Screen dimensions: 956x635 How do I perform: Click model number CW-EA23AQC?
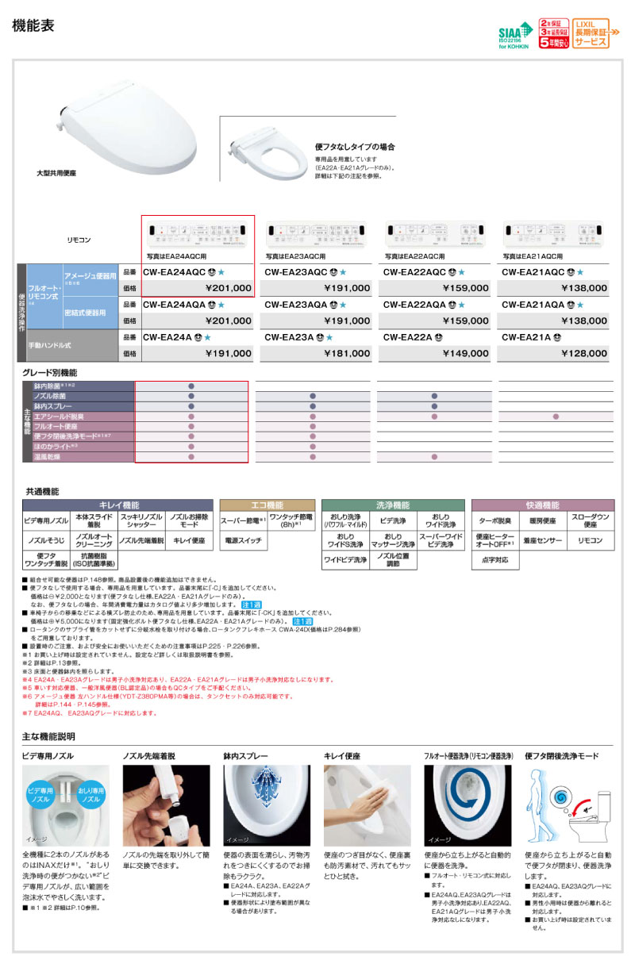click(x=295, y=271)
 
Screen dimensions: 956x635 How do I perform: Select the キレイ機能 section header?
click(x=118, y=505)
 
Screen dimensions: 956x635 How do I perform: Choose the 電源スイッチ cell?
click(x=243, y=540)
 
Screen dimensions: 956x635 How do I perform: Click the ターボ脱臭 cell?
click(x=495, y=521)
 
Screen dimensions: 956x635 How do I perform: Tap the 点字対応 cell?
click(x=495, y=559)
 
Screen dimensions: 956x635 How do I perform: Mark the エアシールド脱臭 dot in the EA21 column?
click(x=556, y=416)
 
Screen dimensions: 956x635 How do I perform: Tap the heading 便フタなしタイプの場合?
click(x=355, y=148)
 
